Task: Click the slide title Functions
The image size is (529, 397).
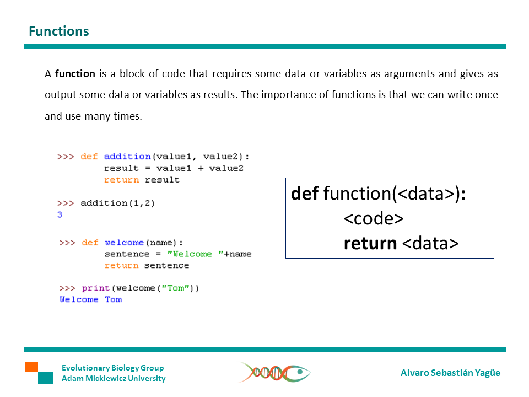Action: pyautogui.click(x=58, y=31)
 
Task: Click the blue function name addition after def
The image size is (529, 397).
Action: pyautogui.click(x=127, y=157)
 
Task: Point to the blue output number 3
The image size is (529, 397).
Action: pyautogui.click(x=60, y=215)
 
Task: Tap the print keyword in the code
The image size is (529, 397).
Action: pyautogui.click(x=96, y=288)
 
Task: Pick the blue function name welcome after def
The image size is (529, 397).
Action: pyautogui.click(x=125, y=243)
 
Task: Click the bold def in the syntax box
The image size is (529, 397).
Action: pyautogui.click(x=305, y=194)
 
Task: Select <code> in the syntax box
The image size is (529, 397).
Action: pyautogui.click(x=374, y=218)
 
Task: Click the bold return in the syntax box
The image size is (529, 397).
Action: pyautogui.click(x=370, y=243)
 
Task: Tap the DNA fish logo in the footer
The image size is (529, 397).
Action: pyautogui.click(x=274, y=373)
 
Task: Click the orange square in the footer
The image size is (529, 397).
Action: pyautogui.click(x=31, y=367)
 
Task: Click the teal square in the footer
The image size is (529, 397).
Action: pyautogui.click(x=45, y=378)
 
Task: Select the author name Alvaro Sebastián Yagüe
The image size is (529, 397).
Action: pyautogui.click(x=450, y=373)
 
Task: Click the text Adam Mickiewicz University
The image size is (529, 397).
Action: pyautogui.click(x=114, y=378)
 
